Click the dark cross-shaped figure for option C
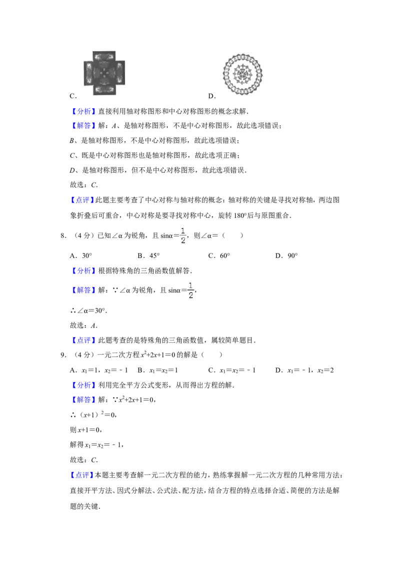click(x=104, y=73)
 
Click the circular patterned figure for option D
click(x=242, y=75)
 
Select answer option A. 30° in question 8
click(x=81, y=255)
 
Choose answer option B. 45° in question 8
click(x=148, y=255)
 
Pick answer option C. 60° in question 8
click(x=219, y=255)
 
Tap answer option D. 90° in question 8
click(x=286, y=255)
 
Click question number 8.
click(x=63, y=236)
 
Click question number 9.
click(x=63, y=355)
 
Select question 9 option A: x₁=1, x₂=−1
click(x=99, y=370)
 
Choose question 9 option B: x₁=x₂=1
click(x=158, y=370)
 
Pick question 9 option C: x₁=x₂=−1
click(x=232, y=370)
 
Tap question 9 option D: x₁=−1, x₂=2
click(x=304, y=370)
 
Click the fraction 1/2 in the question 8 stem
click(x=183, y=236)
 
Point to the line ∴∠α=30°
click(x=88, y=311)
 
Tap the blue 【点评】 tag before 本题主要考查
click(x=82, y=475)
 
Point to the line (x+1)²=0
click(x=93, y=415)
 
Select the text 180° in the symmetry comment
click(x=240, y=215)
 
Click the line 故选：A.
click(x=84, y=326)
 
